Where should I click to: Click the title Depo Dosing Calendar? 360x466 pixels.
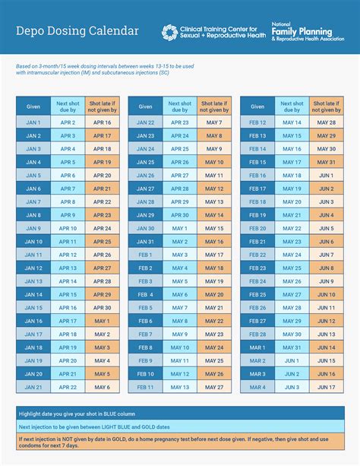point(77,30)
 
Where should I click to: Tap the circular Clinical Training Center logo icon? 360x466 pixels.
point(170,31)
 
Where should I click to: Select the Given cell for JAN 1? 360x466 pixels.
point(33,122)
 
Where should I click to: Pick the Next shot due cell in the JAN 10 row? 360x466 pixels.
point(68,241)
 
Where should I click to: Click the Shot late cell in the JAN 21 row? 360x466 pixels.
point(103,387)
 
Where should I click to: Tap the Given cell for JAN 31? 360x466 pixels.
point(145,241)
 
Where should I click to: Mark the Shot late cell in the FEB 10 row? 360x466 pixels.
point(214,374)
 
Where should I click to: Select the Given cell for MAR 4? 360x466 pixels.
point(257,387)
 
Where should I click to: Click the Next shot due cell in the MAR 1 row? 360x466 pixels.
point(292,347)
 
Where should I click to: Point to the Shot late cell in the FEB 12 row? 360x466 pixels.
point(327,122)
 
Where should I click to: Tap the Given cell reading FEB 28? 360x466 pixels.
point(257,334)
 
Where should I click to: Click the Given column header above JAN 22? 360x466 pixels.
point(145,106)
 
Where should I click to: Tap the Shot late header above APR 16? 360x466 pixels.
point(103,106)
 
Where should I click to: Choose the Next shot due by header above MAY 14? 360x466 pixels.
point(292,106)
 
